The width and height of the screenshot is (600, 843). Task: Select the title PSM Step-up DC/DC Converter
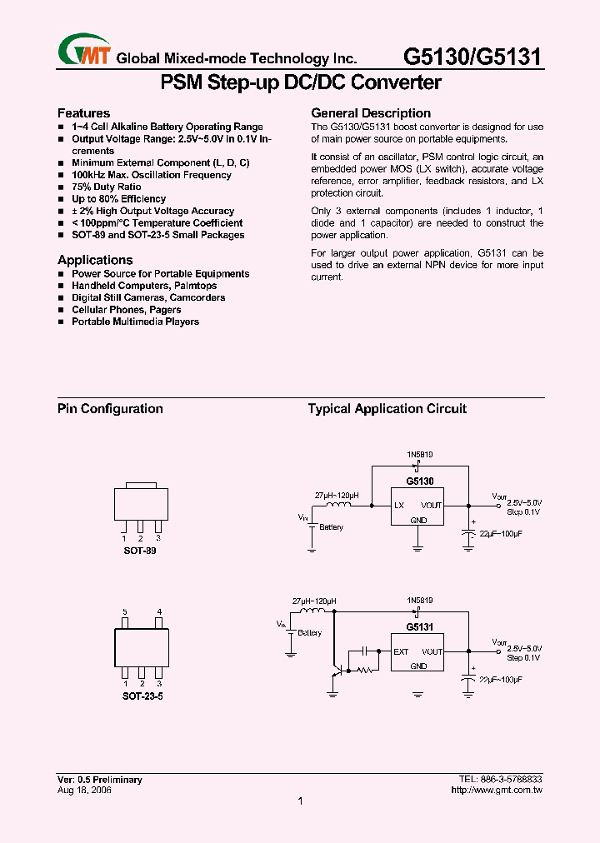(x=300, y=82)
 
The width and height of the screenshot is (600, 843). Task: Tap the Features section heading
(x=83, y=113)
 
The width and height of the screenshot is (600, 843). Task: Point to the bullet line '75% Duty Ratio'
(x=107, y=187)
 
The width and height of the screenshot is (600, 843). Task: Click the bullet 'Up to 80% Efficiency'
(x=118, y=199)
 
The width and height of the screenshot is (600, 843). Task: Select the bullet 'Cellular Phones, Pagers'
(x=126, y=310)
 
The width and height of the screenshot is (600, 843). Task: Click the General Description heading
(x=371, y=113)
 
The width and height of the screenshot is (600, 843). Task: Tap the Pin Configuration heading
(x=110, y=409)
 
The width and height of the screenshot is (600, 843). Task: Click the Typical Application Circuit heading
(x=387, y=409)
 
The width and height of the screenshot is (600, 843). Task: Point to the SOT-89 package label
(x=139, y=551)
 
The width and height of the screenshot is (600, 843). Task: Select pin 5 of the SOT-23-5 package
(x=124, y=612)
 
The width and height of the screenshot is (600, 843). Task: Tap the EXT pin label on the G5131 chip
(x=401, y=652)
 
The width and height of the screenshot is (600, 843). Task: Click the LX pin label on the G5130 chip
(x=399, y=506)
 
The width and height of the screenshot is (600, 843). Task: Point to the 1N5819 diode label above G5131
(x=419, y=600)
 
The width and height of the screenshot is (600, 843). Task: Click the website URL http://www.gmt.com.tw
(x=497, y=790)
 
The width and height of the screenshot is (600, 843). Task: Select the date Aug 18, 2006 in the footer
(x=84, y=790)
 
